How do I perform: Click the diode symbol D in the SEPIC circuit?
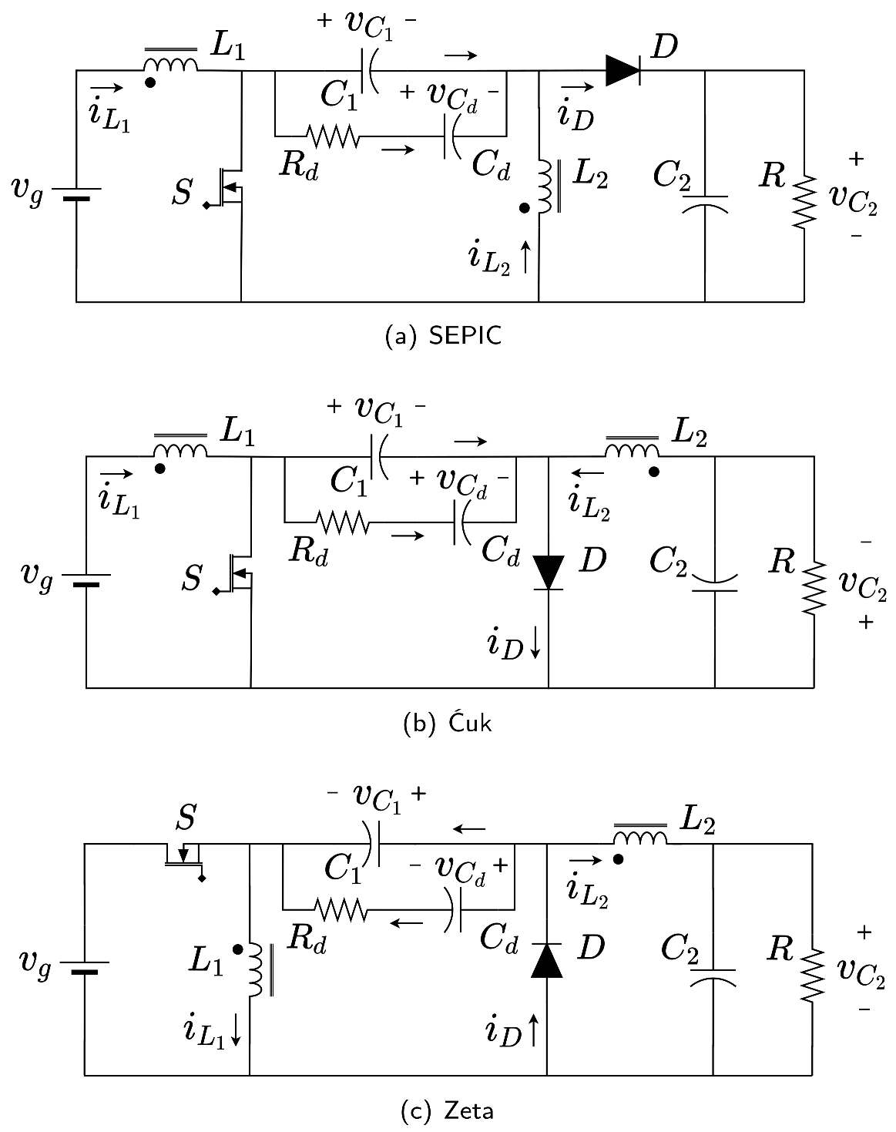pyautogui.click(x=623, y=71)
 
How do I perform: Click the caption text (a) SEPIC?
pyautogui.click(x=443, y=337)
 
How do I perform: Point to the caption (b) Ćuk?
pyautogui.click(x=448, y=724)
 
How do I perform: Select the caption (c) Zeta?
pyautogui.click(x=448, y=1110)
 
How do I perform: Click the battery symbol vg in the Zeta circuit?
pyautogui.click(x=84, y=966)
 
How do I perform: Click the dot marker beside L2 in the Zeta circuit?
pyautogui.click(x=619, y=858)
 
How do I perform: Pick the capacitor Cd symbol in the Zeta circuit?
pyautogui.click(x=455, y=909)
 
